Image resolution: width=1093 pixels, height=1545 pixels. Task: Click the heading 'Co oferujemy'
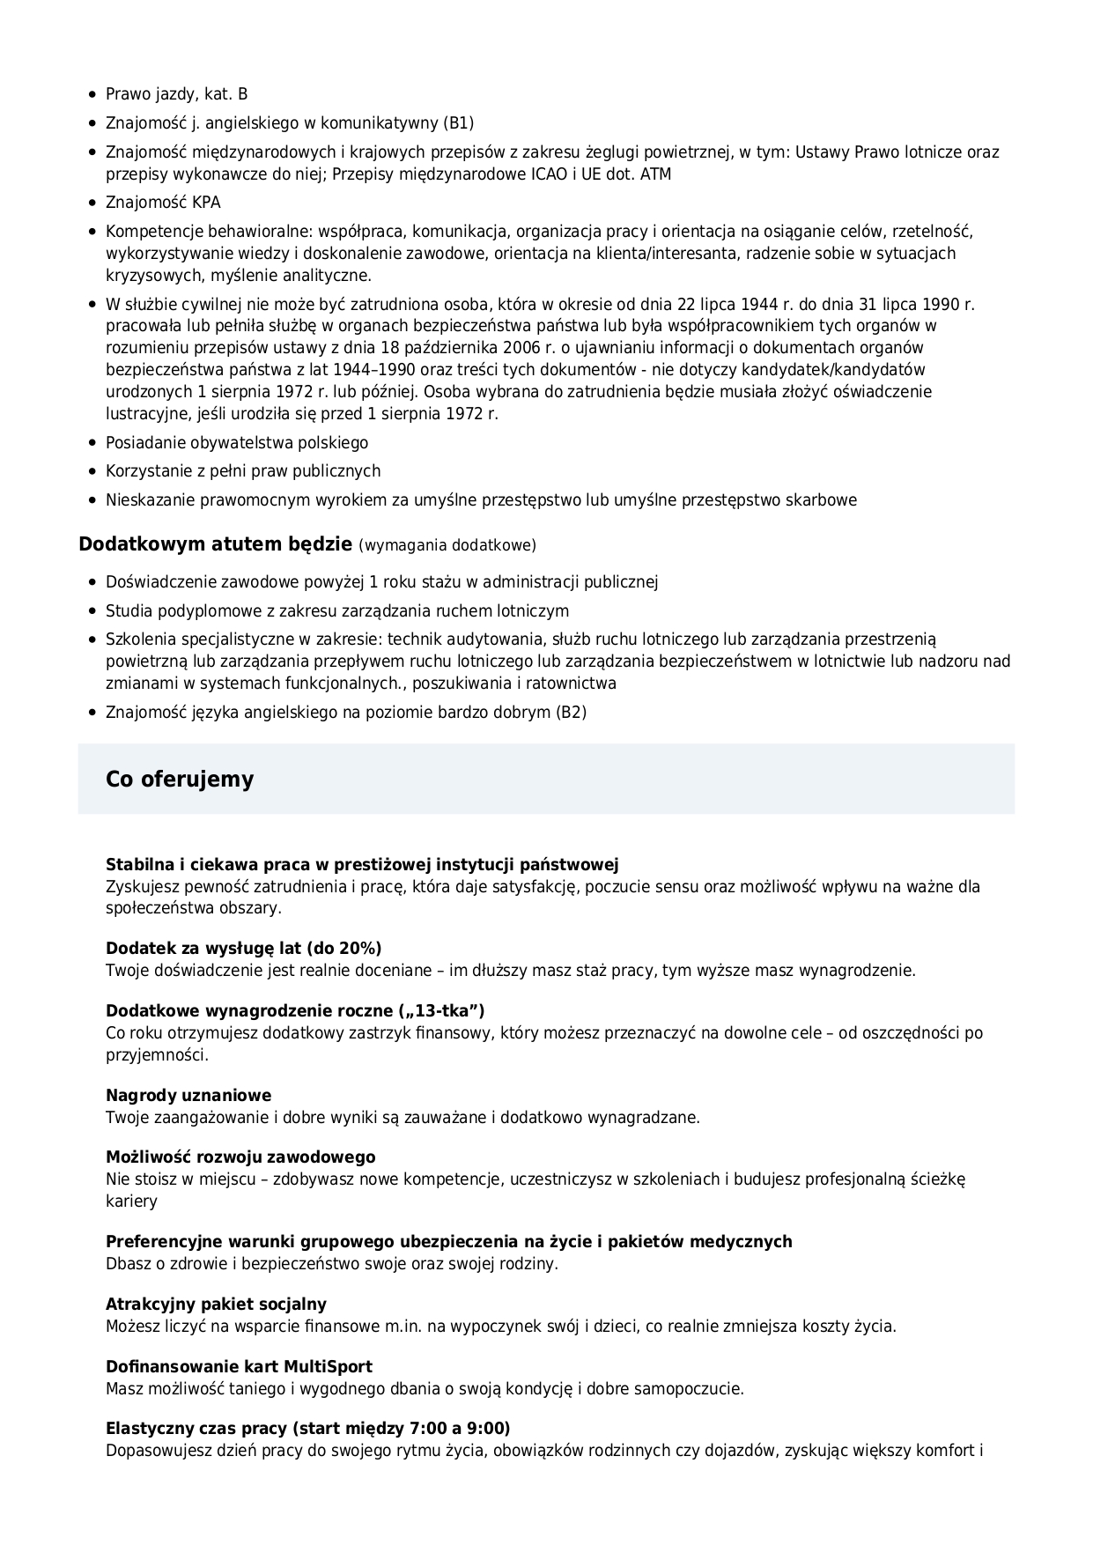(180, 779)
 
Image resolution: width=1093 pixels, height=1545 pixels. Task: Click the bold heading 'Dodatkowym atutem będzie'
(215, 543)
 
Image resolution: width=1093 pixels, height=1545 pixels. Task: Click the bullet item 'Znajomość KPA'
(163, 203)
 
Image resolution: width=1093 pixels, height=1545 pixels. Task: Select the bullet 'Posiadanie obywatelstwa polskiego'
(237, 442)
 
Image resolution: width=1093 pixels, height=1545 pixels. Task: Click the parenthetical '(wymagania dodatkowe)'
(447, 545)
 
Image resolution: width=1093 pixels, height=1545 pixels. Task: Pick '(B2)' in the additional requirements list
(570, 712)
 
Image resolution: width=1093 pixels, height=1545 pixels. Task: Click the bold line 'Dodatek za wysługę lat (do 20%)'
(243, 948)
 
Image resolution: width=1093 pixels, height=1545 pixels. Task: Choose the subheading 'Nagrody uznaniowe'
(188, 1095)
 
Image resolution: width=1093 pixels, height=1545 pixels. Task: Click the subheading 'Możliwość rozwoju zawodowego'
(240, 1157)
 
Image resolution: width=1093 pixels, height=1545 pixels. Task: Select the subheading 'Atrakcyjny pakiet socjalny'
(216, 1304)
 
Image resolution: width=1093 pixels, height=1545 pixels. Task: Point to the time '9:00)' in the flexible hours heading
(490, 1428)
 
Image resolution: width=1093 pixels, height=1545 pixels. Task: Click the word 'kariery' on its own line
(131, 1201)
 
